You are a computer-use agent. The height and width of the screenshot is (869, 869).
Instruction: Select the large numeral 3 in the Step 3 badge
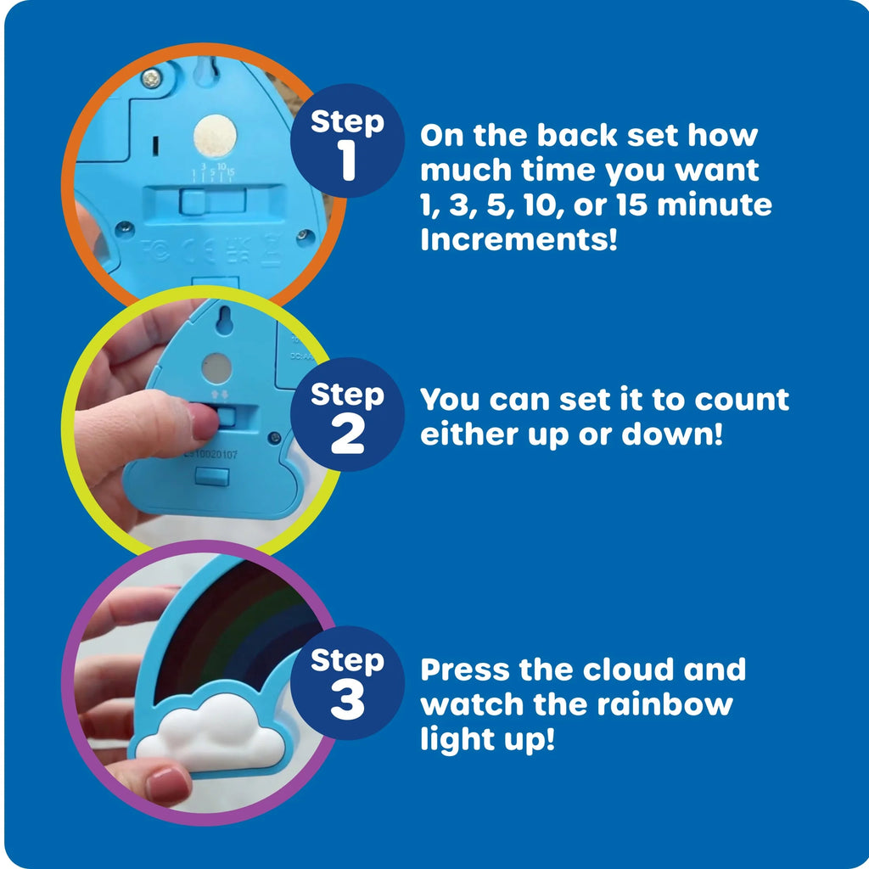tap(347, 702)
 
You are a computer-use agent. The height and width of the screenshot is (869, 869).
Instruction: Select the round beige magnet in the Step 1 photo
tap(215, 134)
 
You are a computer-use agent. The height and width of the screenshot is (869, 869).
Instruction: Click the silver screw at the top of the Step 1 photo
tap(151, 79)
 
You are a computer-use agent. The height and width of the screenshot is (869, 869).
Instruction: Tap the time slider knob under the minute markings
tap(195, 202)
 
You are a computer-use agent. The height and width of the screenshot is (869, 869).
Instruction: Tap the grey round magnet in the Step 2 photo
tap(216, 367)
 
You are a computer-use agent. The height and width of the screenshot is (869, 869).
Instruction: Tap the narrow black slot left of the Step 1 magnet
tap(154, 146)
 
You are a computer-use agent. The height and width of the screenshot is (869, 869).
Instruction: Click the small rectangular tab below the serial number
tap(211, 477)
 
